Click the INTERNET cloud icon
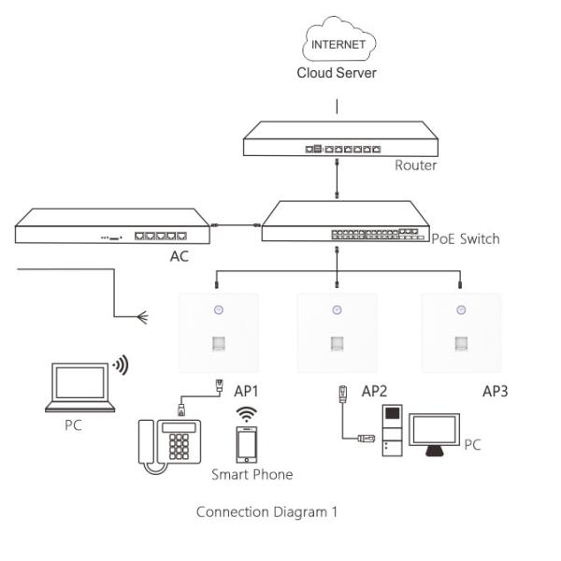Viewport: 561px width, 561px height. click(338, 44)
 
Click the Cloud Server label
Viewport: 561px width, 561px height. click(337, 73)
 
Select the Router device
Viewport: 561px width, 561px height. click(338, 141)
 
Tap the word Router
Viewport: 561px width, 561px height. click(415, 165)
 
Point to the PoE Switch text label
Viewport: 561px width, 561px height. click(465, 238)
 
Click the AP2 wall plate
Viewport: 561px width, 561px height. click(337, 333)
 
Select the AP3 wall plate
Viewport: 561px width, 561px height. click(460, 333)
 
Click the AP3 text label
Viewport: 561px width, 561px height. click(495, 391)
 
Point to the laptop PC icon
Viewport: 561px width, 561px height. click(80, 387)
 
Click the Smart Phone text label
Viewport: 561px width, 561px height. click(252, 474)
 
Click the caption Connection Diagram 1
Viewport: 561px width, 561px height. click(266, 511)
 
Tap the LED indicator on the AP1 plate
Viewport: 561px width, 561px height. click(216, 310)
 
